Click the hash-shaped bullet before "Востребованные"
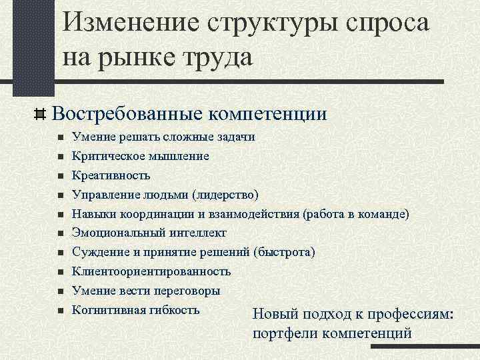[39, 114]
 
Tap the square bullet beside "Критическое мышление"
[60, 156]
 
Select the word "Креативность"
[111, 175]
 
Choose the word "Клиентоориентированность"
[152, 272]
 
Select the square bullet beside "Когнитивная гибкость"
[60, 311]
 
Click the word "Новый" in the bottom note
[275, 315]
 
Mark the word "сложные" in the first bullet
[191, 137]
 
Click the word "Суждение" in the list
[101, 253]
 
